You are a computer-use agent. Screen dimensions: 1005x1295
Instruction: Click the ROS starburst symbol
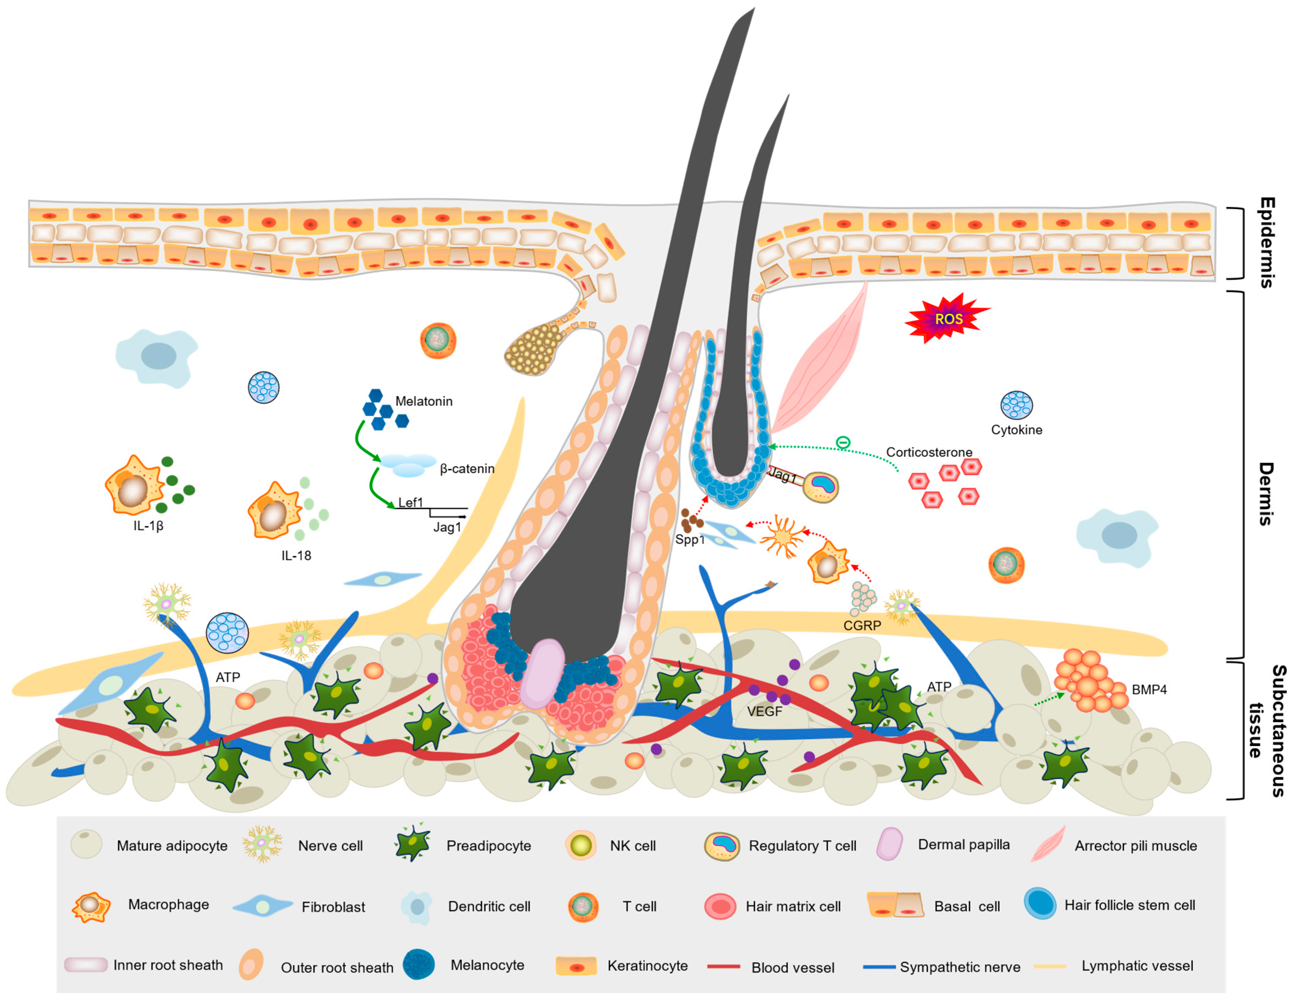947,319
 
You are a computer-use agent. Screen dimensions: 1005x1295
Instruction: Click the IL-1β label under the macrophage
148,526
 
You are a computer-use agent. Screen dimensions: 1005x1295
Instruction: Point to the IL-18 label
296,555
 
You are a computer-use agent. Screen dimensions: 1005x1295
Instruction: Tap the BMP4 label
1149,690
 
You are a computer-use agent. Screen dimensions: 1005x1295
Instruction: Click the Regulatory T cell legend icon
722,846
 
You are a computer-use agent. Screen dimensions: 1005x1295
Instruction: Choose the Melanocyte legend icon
419,965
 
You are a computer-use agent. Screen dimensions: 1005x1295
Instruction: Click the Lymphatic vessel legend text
1137,966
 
